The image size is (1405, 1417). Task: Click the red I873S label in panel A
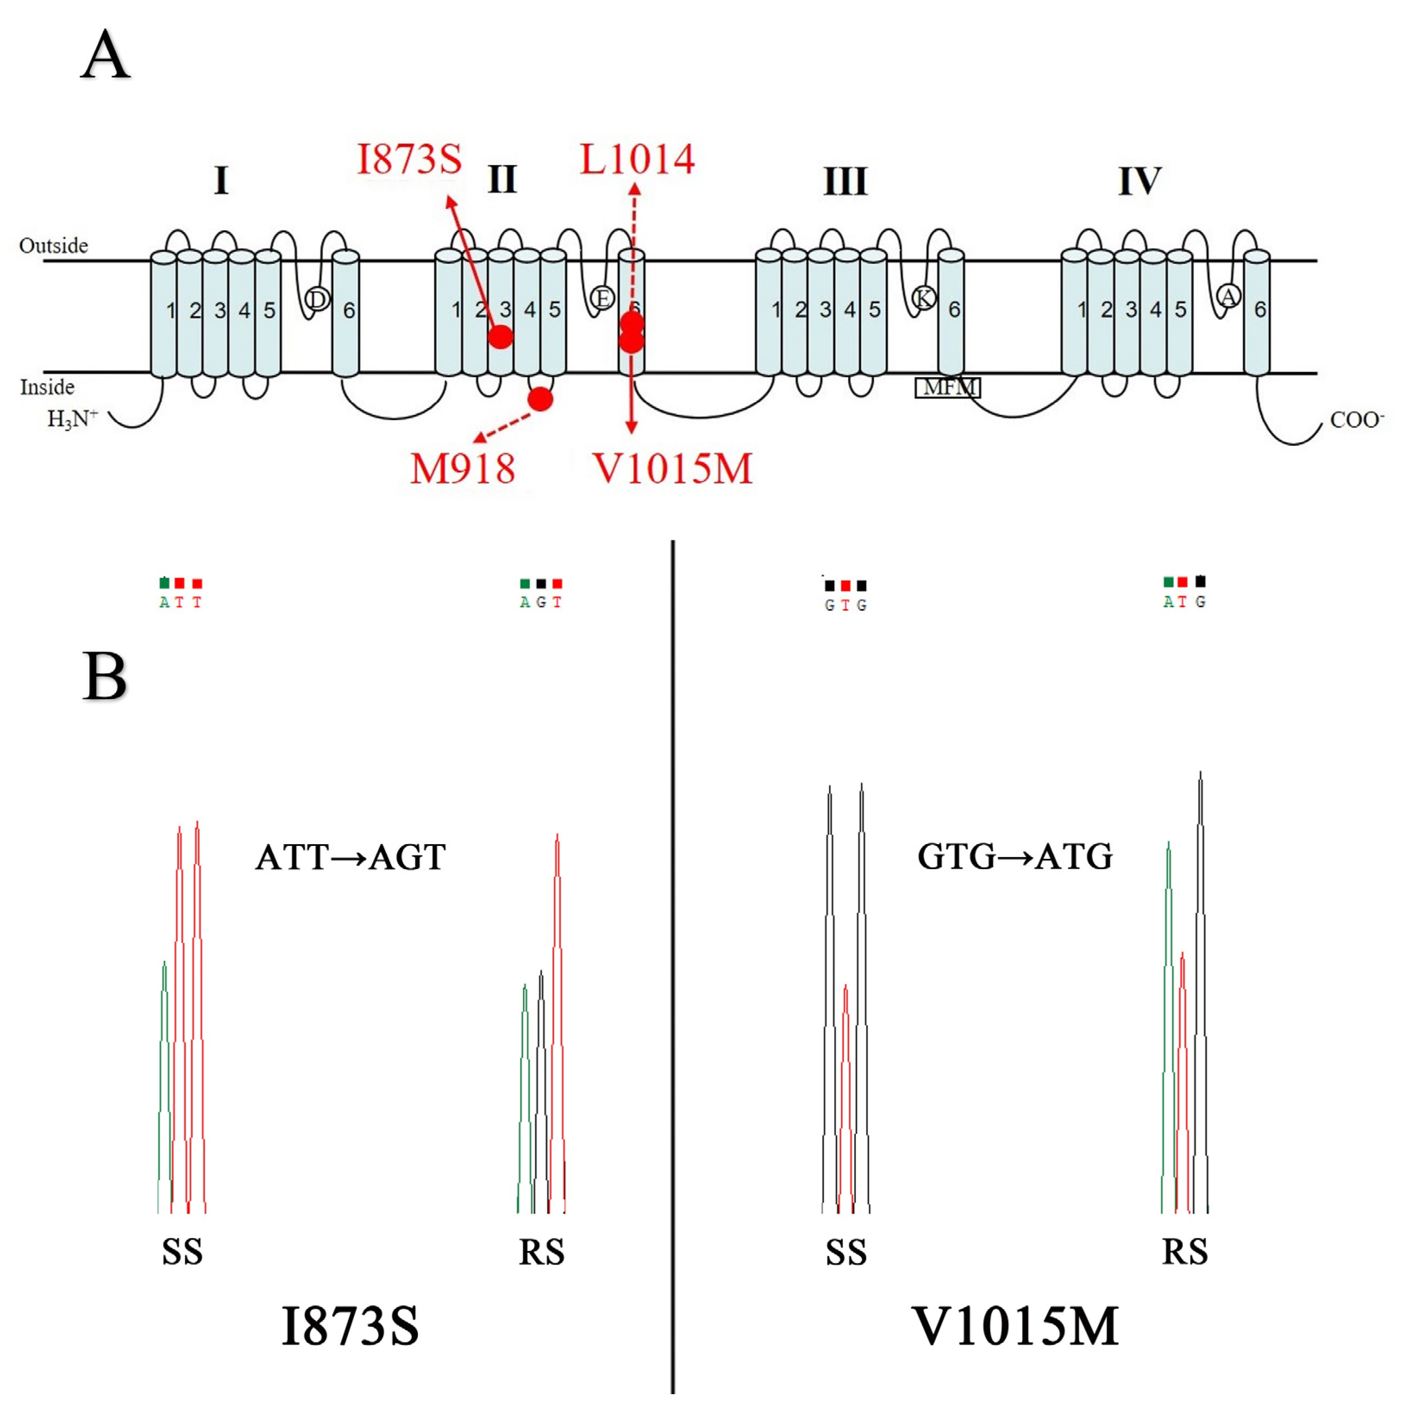(x=409, y=159)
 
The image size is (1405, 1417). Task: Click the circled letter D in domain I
(x=317, y=298)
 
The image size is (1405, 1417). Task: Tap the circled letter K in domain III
(x=923, y=298)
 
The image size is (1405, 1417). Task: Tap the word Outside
(x=53, y=245)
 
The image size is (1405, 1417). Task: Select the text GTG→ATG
(x=1014, y=856)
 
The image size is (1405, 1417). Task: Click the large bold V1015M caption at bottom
(x=1014, y=1326)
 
